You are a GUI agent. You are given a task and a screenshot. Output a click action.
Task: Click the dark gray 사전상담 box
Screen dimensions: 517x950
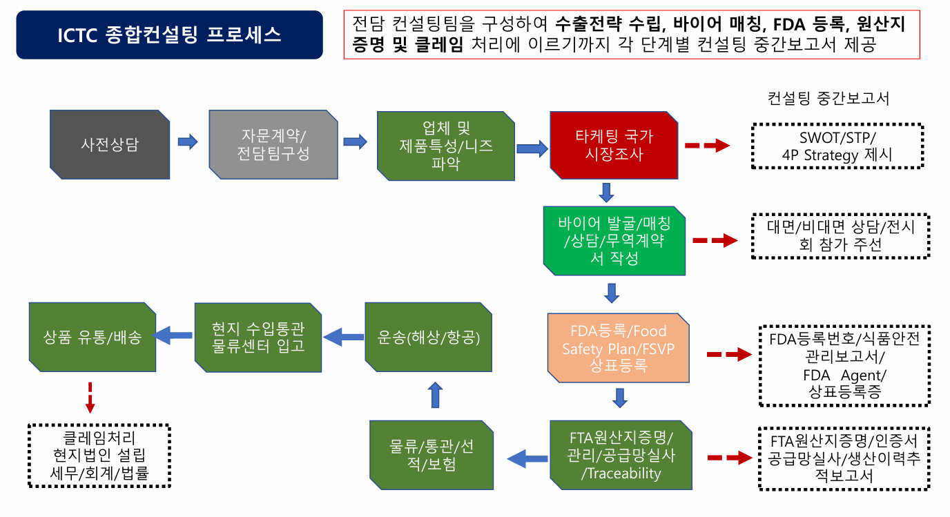tap(110, 145)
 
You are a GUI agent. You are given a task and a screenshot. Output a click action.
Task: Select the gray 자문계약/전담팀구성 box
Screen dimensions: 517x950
tap(273, 145)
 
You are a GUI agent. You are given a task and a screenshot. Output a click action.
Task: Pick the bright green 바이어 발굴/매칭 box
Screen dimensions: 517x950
tap(614, 240)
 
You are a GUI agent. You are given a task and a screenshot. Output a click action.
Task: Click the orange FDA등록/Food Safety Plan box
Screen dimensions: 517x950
tap(619, 348)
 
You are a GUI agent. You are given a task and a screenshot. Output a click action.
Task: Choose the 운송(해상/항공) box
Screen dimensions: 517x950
tap(428, 338)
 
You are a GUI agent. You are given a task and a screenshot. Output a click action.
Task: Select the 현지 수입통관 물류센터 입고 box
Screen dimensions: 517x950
tap(258, 338)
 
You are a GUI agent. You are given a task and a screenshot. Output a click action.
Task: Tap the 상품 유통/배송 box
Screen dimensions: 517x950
tap(92, 338)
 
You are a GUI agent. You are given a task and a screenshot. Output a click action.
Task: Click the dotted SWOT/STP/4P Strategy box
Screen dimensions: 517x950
tap(837, 146)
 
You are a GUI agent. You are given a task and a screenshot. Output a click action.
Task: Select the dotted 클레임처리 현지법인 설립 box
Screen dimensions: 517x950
tap(99, 456)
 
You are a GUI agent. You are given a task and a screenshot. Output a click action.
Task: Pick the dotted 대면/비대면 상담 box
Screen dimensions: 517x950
tap(840, 236)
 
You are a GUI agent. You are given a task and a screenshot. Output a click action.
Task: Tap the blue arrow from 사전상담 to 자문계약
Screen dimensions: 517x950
tap(188, 142)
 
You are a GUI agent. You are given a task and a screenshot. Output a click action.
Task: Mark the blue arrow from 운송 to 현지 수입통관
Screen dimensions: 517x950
tap(343, 337)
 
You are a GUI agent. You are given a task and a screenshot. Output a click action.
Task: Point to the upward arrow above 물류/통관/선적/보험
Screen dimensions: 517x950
tap(435, 395)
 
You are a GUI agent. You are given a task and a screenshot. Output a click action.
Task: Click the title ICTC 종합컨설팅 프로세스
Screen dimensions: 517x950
tap(169, 35)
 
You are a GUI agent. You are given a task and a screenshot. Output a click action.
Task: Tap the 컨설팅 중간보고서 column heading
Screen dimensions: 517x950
tap(828, 98)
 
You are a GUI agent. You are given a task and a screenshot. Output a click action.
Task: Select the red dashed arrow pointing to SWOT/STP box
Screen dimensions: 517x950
tap(707, 146)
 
